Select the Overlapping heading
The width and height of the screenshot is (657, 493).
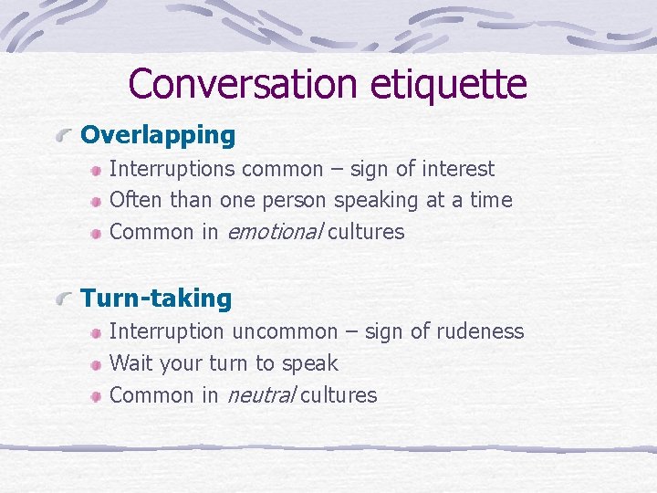coord(158,136)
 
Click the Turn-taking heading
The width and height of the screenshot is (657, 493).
coord(156,299)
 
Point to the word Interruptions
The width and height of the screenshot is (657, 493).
coord(171,169)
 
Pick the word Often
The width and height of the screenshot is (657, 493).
coord(133,200)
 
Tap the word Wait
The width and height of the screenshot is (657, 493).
coord(130,363)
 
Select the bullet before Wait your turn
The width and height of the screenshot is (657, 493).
coord(95,364)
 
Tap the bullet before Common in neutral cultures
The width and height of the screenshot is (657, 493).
coord(95,396)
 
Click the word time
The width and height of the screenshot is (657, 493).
coord(491,200)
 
